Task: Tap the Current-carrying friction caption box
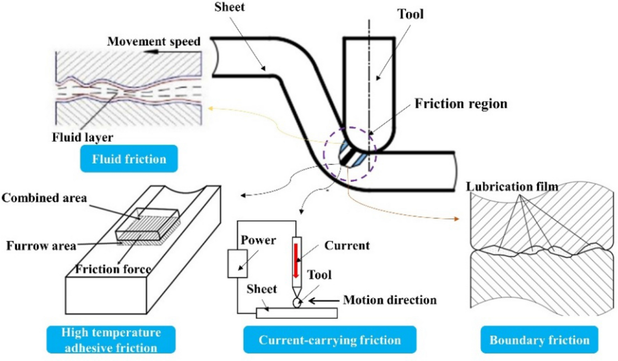click(x=330, y=340)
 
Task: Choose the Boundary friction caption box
click(x=539, y=340)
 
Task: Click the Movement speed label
click(x=153, y=41)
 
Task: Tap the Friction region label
click(x=461, y=104)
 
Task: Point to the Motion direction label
click(x=390, y=299)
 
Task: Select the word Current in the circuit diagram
click(x=348, y=246)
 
